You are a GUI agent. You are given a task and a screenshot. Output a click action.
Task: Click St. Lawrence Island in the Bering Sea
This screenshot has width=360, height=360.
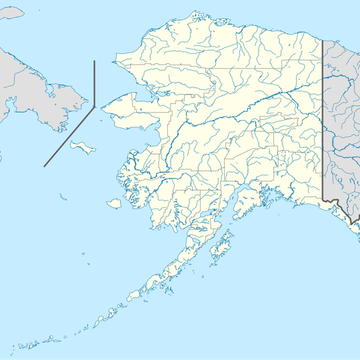[82, 146]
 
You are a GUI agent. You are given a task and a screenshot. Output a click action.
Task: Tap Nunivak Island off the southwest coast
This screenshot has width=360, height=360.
[114, 203]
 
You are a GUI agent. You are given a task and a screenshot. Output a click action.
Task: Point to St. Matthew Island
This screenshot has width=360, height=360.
[63, 197]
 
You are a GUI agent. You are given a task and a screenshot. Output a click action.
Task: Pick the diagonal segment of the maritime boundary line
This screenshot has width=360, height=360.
[69, 136]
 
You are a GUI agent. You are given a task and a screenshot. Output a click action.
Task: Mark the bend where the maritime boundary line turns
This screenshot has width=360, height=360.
[94, 106]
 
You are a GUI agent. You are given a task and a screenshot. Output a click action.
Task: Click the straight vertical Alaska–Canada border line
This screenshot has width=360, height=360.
[323, 120]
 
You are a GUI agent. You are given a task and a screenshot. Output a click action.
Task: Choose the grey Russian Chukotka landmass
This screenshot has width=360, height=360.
[33, 87]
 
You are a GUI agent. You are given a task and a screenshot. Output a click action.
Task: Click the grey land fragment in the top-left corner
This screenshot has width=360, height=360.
[10, 13]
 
